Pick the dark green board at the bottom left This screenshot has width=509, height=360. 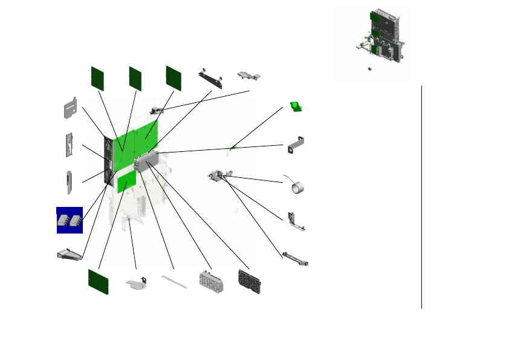pos(99,281)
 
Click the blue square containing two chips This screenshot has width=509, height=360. pos(70,220)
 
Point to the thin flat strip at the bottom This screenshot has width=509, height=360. pos(175,280)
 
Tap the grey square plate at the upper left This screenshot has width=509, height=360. pos(71,107)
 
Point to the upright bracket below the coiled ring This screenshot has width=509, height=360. pos(296,221)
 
